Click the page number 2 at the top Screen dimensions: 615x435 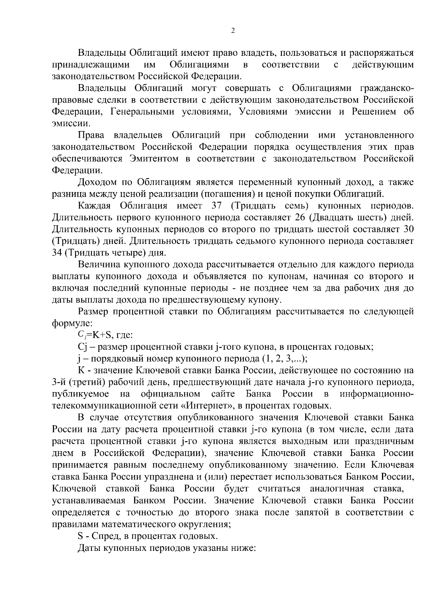(x=233, y=30)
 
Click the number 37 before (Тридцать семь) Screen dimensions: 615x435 (x=216, y=206)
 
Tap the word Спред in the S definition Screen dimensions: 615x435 (x=104, y=535)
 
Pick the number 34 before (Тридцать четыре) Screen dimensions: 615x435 (x=57, y=253)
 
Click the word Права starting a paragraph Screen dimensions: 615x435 (x=91, y=135)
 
